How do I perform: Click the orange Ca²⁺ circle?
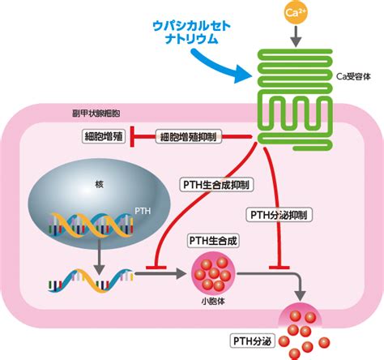[x=296, y=12]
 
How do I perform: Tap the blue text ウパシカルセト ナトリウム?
[x=191, y=32]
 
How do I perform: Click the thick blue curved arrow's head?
[x=242, y=74]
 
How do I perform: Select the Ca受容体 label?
[x=353, y=76]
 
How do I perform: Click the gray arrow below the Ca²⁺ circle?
[x=297, y=36]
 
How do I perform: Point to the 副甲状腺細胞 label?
[x=96, y=113]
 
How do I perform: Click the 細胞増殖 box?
[x=104, y=136]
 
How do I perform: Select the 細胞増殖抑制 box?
[x=189, y=137]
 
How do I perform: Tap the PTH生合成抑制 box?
[x=216, y=185]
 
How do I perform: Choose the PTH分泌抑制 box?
[x=279, y=215]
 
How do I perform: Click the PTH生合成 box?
[x=213, y=241]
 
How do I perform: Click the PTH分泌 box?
[x=252, y=341]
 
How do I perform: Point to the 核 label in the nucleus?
[x=99, y=185]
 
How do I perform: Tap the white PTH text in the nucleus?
[x=143, y=211]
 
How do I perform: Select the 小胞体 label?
[x=213, y=302]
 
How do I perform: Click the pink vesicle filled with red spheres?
[x=213, y=273]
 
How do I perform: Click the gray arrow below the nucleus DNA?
[x=100, y=256]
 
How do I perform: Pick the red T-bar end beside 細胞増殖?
[x=132, y=137]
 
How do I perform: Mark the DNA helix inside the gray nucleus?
[x=92, y=225]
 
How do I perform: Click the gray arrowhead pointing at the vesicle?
[x=181, y=273]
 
